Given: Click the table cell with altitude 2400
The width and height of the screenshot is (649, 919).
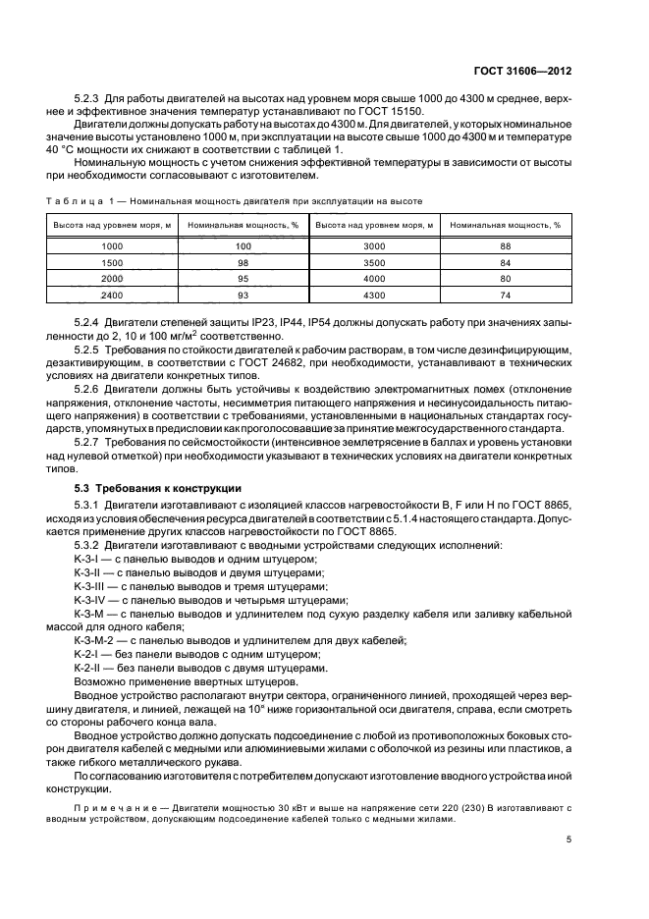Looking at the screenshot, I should point(112,296).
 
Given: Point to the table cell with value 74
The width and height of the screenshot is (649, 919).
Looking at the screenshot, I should point(506,296).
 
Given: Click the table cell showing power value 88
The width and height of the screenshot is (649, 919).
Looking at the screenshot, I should point(506,247).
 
